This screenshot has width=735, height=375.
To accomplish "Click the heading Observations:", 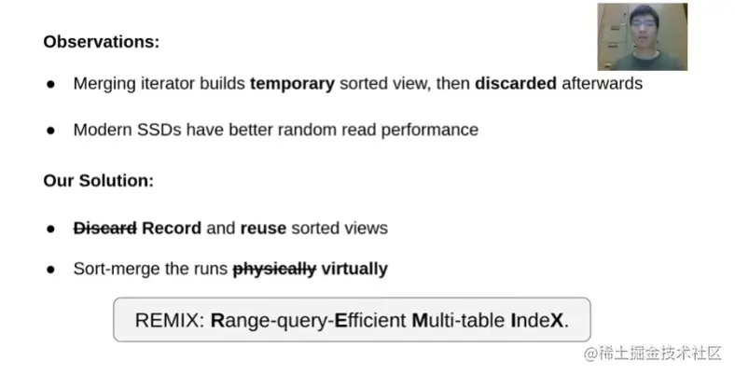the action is tap(102, 42).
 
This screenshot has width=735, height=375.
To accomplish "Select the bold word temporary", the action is tap(292, 84).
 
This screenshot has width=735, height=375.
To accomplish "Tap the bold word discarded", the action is tap(516, 83).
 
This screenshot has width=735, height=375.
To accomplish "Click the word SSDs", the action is tap(159, 130).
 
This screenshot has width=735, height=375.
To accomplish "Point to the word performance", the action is tap(430, 130).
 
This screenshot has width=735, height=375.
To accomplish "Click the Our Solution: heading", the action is tap(99, 180).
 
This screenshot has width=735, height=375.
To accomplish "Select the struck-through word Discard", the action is tap(105, 229).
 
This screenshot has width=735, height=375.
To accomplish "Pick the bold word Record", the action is tap(172, 229).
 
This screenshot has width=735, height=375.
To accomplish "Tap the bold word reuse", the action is tap(263, 229).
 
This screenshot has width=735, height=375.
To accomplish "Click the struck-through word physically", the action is tap(274, 269).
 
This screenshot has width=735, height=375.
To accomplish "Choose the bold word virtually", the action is tap(354, 269).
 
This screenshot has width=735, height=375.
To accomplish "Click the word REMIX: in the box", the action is tap(170, 320).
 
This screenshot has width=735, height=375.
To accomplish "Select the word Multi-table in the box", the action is tap(458, 320).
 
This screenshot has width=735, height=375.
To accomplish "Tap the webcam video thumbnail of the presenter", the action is tap(642, 36).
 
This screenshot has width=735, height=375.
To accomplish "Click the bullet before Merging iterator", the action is tap(50, 84).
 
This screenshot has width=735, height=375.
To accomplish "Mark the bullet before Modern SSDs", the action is tap(50, 131).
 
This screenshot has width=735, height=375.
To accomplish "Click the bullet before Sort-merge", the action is tap(50, 270).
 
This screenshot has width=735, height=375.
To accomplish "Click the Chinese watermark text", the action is tap(653, 354).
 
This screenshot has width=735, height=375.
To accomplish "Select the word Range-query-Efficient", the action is tap(309, 321).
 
